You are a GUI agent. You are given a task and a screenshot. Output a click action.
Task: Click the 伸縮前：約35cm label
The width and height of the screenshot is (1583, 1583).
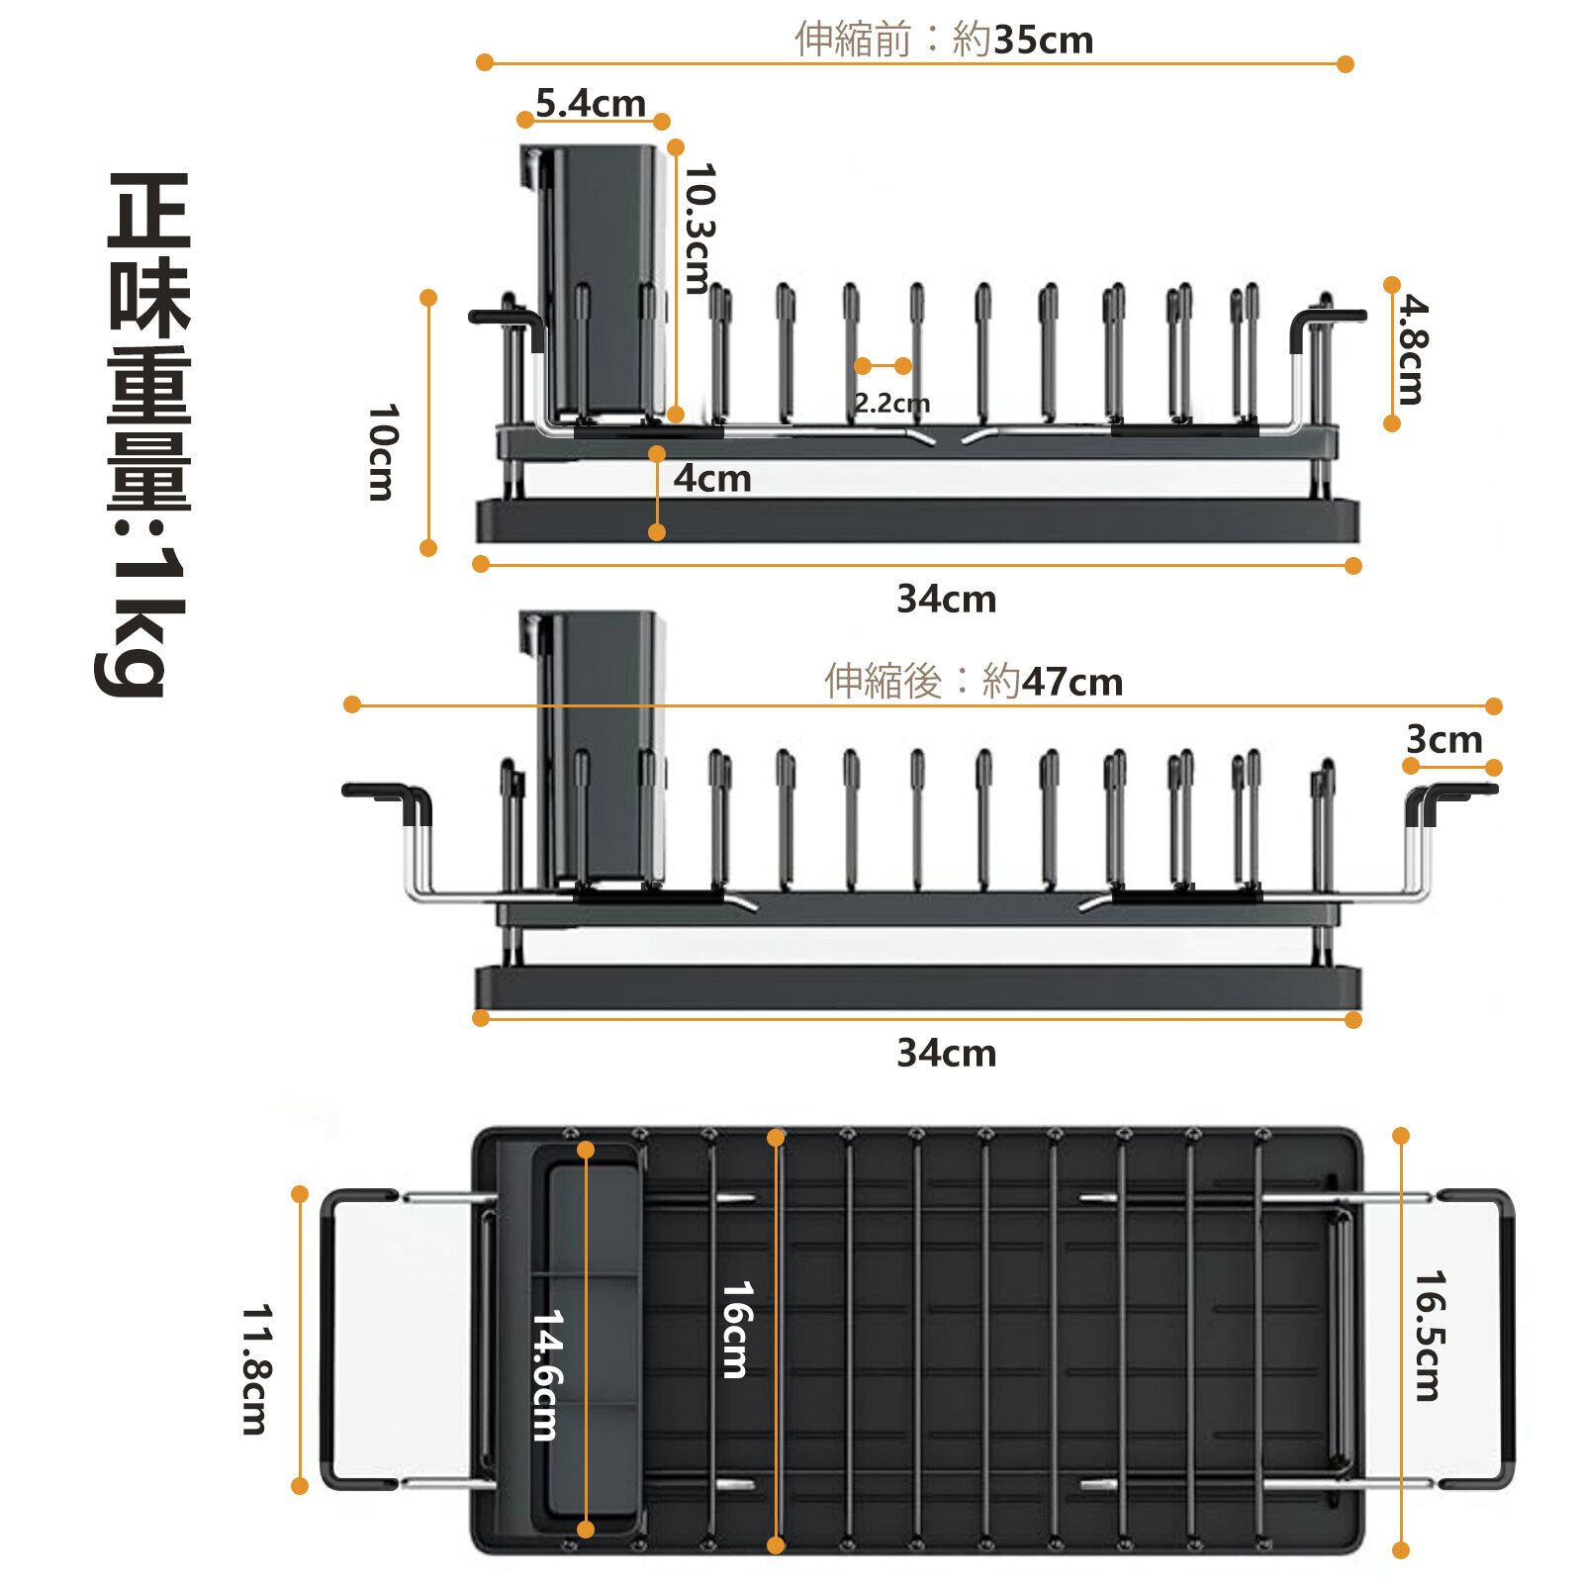click(944, 40)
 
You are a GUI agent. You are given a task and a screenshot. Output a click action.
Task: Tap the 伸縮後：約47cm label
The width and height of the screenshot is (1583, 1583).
click(974, 682)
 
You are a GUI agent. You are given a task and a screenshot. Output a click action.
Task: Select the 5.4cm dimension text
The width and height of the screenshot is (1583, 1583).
click(591, 102)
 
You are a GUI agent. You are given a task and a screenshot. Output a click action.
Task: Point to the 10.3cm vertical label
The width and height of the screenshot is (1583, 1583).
click(699, 229)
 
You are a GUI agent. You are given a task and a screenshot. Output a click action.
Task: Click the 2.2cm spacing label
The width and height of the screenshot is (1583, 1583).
click(891, 403)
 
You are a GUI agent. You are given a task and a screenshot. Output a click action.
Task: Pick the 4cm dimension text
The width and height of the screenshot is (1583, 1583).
click(712, 479)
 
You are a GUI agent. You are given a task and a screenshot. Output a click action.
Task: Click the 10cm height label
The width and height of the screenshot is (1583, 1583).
click(381, 452)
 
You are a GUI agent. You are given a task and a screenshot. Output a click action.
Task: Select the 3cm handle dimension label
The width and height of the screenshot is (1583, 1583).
click(1444, 739)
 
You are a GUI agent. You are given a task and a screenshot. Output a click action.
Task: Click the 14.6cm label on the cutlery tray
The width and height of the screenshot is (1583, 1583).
click(545, 1374)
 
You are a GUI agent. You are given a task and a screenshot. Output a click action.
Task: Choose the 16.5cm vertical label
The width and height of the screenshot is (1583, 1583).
click(1428, 1336)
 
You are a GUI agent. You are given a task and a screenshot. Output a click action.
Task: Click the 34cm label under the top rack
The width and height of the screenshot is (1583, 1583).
click(947, 600)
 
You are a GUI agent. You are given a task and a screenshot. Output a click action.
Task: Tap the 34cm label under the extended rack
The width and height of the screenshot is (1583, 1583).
click(947, 1053)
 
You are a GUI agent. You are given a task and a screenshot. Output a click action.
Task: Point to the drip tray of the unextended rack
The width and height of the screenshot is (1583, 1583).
click(918, 520)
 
